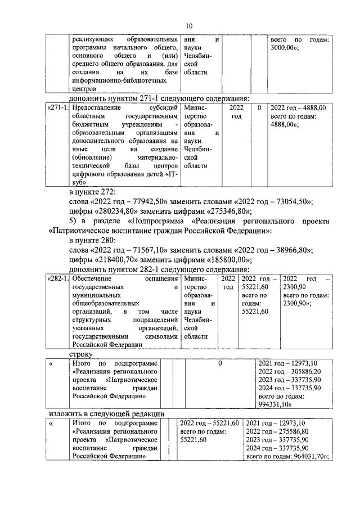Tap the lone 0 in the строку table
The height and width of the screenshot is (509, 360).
[x=220, y=364]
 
